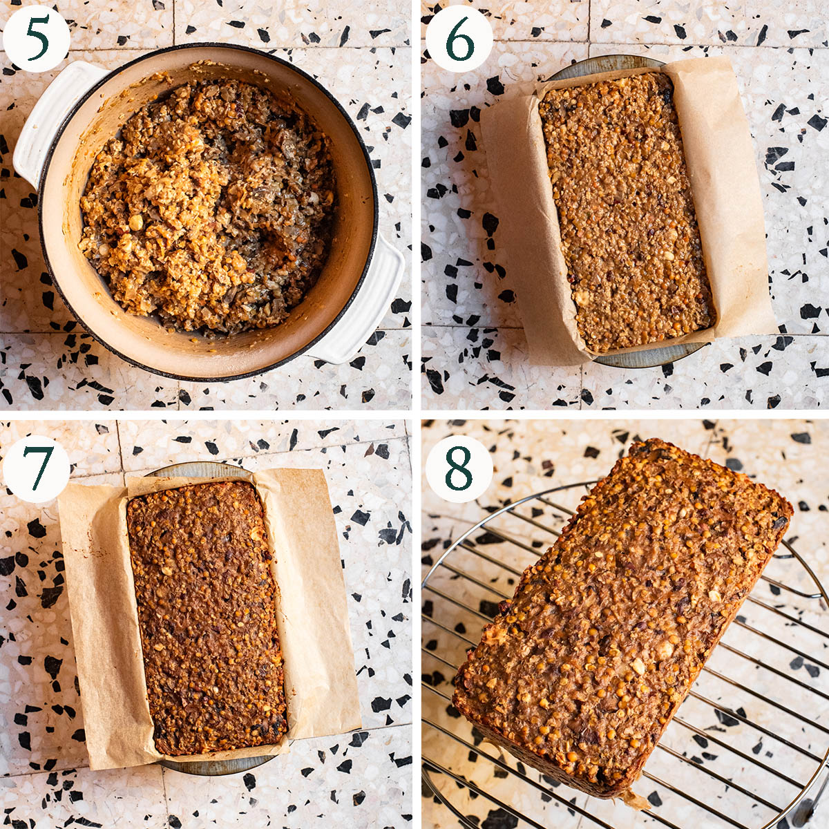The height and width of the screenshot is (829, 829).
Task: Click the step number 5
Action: (38, 39)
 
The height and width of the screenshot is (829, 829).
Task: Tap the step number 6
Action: (459, 39)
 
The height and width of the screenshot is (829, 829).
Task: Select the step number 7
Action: (38, 468)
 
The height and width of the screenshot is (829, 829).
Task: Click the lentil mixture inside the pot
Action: (207, 202)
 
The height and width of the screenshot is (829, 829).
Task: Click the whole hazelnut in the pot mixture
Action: (136, 222)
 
